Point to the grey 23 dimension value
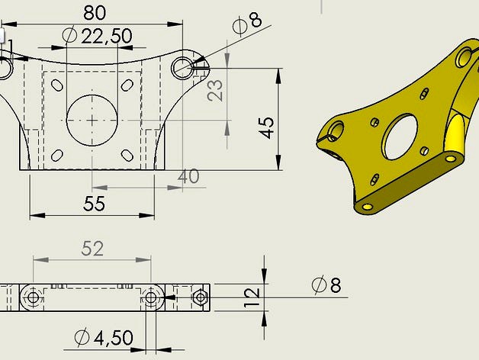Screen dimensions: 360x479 (x=217, y=91)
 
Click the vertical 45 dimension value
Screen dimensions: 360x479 (x=266, y=127)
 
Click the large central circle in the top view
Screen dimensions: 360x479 (x=92, y=120)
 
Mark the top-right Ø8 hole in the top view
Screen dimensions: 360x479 (x=183, y=68)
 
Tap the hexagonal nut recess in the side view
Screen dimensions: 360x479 (x=201, y=297)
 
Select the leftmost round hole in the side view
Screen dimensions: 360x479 (x=32, y=297)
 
